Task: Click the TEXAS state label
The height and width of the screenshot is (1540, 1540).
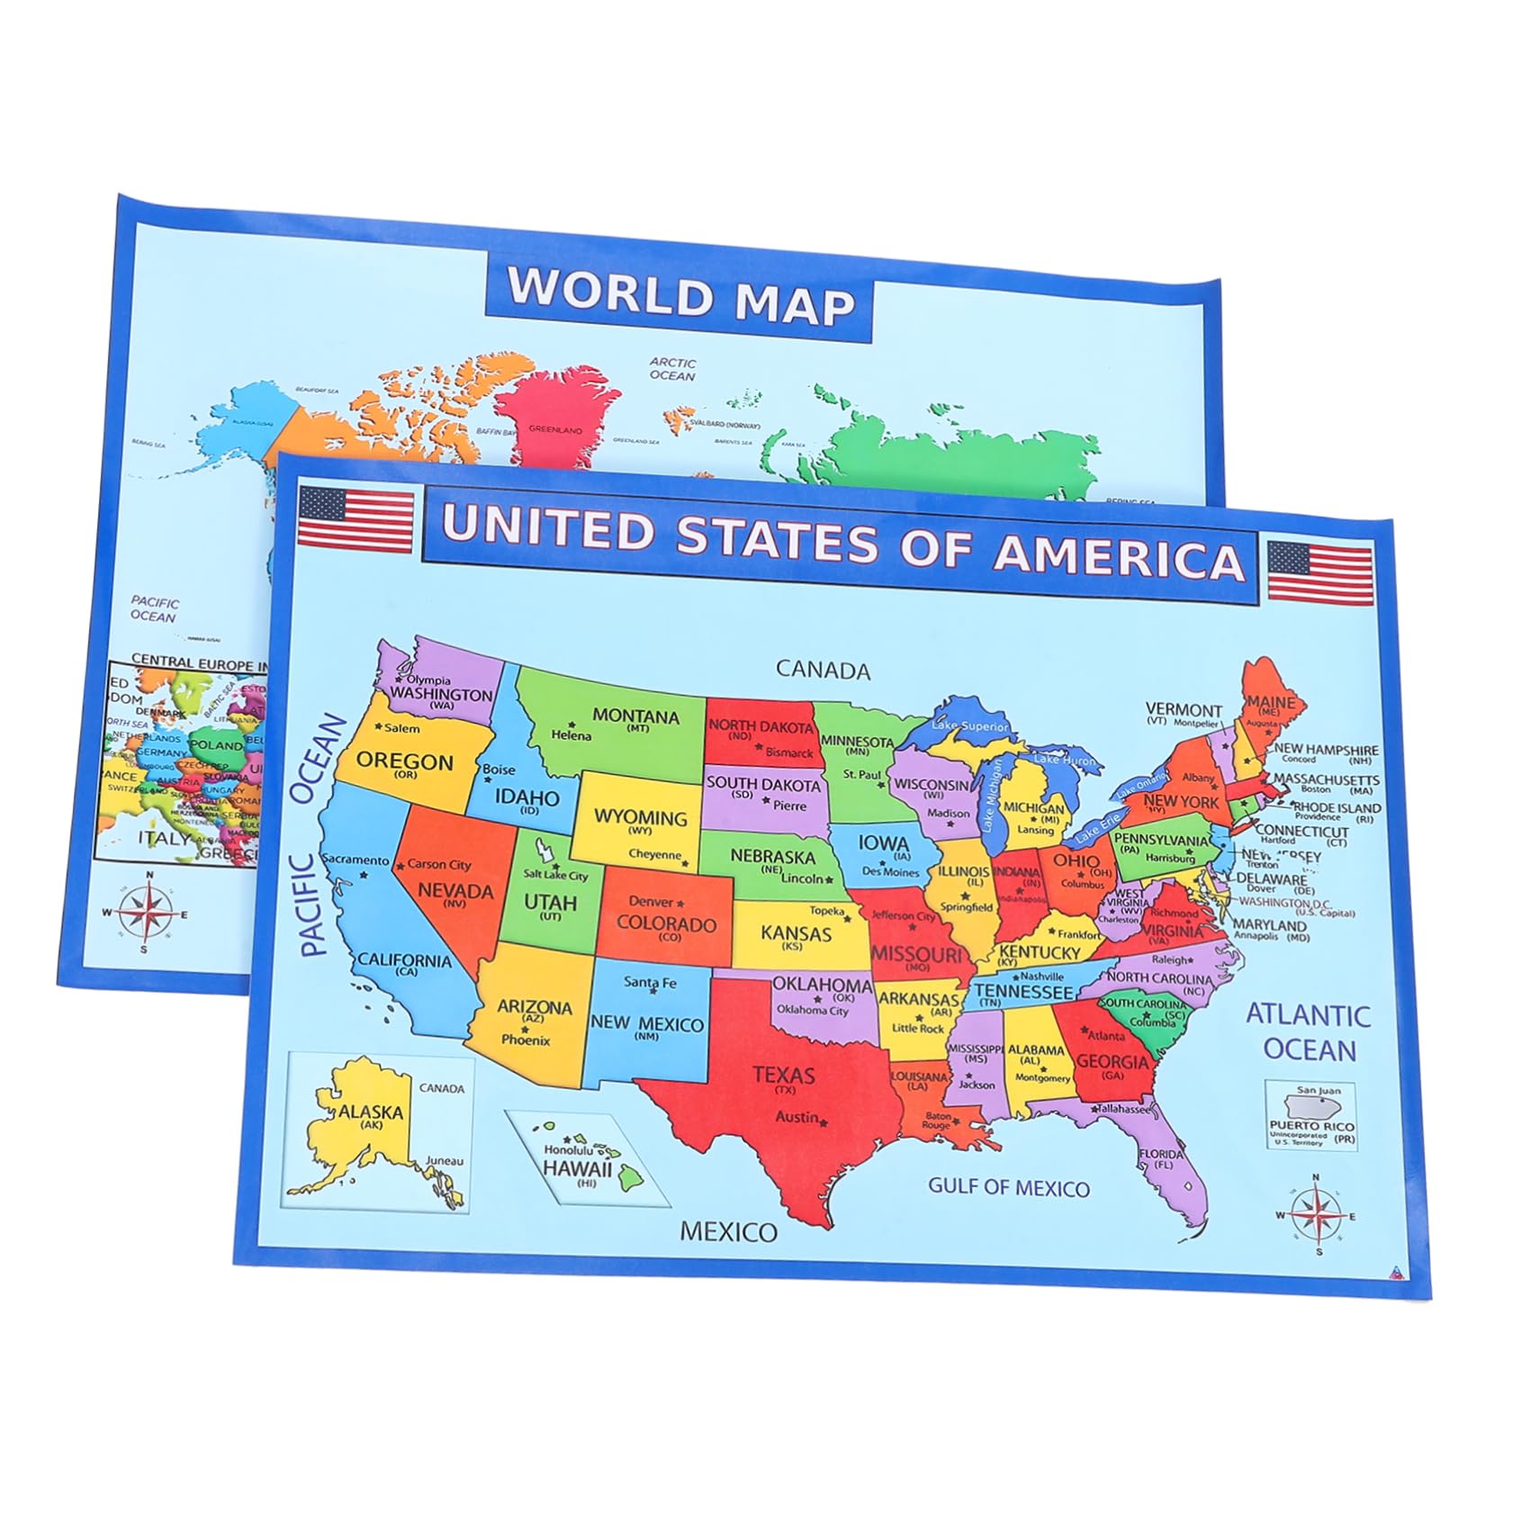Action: (x=784, y=1075)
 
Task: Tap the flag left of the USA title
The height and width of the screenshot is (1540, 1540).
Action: (x=355, y=519)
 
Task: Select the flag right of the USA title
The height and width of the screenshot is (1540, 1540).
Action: (x=1320, y=572)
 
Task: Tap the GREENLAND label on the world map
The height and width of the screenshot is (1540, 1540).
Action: (x=554, y=429)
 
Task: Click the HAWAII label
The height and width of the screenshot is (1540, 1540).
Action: (x=577, y=1168)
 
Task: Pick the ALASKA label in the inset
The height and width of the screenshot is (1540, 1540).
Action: (x=371, y=1112)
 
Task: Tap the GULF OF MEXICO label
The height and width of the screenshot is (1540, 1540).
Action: (x=1008, y=1187)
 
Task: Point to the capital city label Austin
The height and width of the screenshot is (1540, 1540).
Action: (x=797, y=1117)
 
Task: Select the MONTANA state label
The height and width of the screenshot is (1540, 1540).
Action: (x=635, y=716)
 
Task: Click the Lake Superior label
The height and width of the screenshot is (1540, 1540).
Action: (x=970, y=725)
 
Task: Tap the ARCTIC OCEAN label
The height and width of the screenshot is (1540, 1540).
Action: (x=672, y=369)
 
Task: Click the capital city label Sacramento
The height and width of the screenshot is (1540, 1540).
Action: (x=355, y=860)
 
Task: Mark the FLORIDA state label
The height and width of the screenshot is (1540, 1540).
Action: (x=1161, y=1154)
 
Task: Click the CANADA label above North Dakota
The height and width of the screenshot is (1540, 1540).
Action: (x=823, y=670)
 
